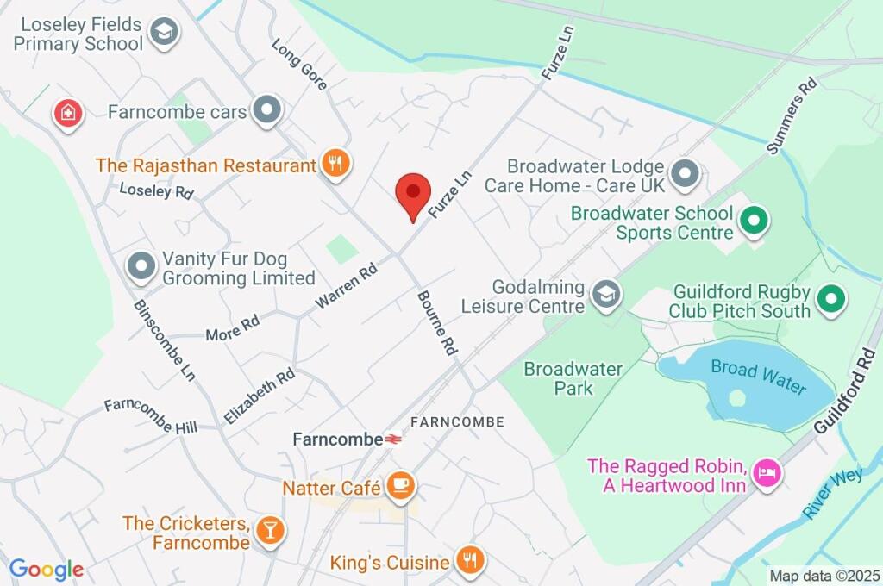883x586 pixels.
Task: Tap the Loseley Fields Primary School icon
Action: point(161,33)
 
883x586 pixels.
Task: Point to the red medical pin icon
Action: point(67,112)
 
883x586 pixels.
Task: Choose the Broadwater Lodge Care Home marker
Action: point(686,173)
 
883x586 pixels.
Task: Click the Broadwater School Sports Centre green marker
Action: point(755,221)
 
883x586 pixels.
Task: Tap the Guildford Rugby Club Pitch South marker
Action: point(832,299)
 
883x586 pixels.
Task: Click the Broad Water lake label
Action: point(759,377)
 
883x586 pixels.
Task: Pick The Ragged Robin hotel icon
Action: point(766,471)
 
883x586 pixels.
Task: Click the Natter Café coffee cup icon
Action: point(400,486)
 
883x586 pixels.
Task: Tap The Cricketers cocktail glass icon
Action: point(270,530)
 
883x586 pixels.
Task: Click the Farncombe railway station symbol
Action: point(394,439)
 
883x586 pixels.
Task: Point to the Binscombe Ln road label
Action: point(164,340)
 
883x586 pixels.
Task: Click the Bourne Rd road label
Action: point(436,323)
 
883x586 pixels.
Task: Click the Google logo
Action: point(46,569)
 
